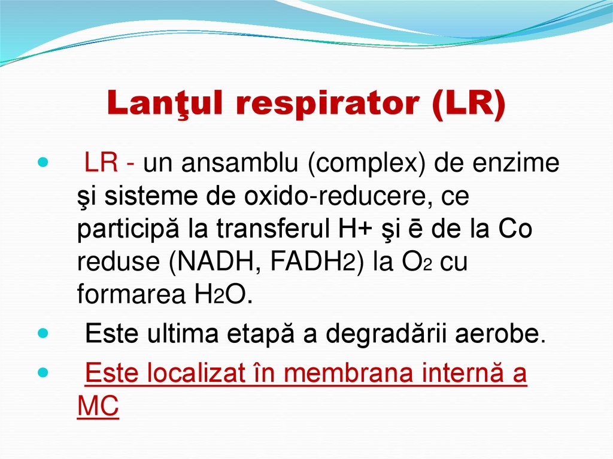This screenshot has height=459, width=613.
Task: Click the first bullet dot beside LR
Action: (41, 163)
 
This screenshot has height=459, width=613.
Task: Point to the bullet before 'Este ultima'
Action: (41, 332)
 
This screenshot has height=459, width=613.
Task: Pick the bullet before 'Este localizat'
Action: (41, 372)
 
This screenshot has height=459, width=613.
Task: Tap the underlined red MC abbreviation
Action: (98, 406)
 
